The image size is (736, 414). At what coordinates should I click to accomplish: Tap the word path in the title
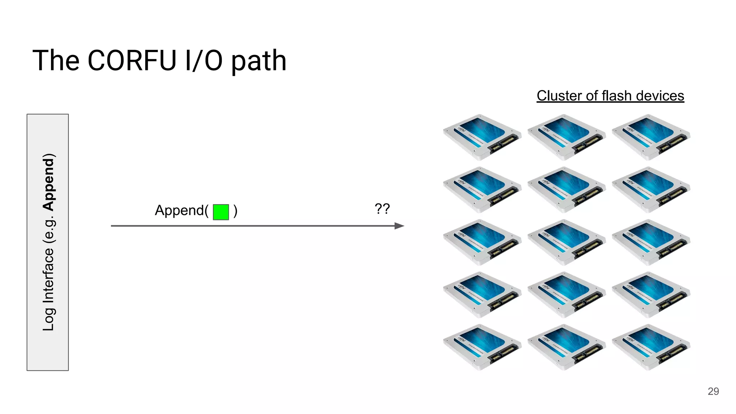(258, 61)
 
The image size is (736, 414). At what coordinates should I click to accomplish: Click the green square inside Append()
(221, 212)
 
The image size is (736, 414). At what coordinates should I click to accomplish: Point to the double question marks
(382, 208)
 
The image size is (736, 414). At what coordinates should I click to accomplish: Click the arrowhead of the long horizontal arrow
(400, 226)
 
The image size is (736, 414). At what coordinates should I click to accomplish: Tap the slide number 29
(713, 391)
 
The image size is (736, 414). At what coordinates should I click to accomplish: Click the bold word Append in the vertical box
(49, 182)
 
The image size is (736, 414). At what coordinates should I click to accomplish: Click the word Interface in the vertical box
(49, 275)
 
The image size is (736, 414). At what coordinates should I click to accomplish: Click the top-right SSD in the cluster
(651, 137)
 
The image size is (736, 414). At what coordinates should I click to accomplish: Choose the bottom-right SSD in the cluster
(651, 347)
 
